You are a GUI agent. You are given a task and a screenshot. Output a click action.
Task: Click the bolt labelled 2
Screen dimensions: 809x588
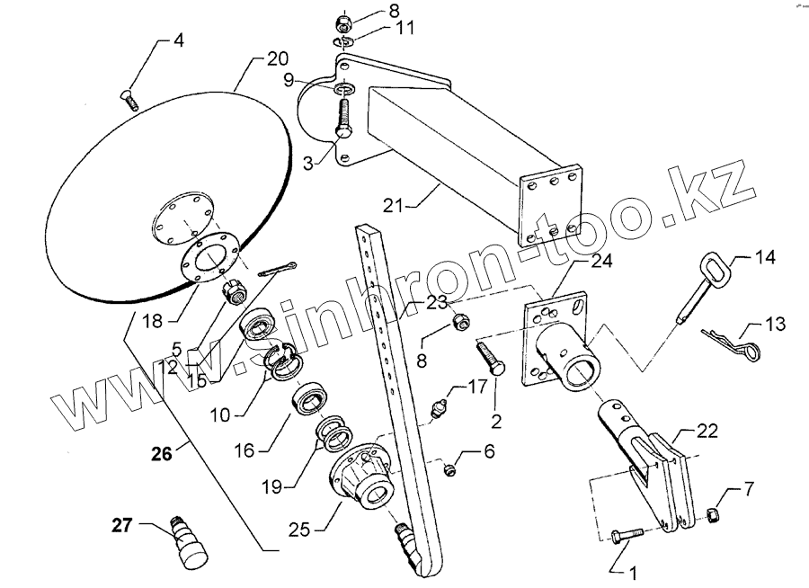(491, 357)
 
